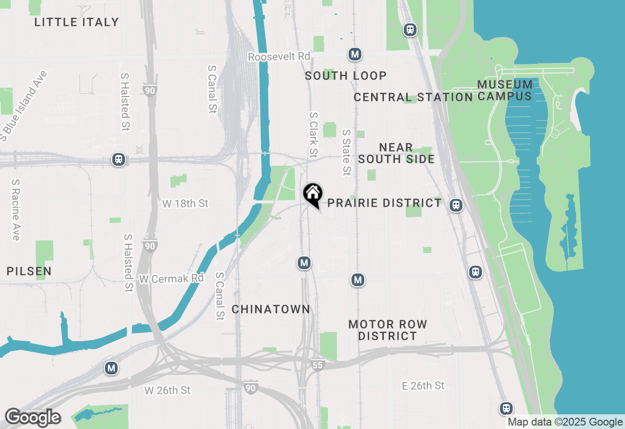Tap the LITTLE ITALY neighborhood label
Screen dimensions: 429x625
[77, 22]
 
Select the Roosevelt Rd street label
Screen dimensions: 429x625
[279, 57]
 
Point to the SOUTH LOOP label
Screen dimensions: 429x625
[346, 76]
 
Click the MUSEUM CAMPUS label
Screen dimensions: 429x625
[505, 90]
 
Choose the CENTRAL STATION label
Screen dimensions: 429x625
[413, 97]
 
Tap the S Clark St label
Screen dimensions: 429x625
[313, 135]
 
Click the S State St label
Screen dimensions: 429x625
[346, 152]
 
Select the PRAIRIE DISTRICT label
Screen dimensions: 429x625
[384, 203]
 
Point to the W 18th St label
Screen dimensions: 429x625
[186, 203]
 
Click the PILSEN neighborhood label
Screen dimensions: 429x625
[29, 271]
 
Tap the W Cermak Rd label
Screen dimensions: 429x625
[171, 279]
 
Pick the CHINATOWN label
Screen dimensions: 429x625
[271, 309]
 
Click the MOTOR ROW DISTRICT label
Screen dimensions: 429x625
[388, 330]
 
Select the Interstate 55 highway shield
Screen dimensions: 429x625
[318, 364]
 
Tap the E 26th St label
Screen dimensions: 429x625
[423, 386]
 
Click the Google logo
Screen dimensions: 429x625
[33, 417]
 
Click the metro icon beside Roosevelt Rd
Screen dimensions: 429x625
[355, 54]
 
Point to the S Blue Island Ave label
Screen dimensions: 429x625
[24, 106]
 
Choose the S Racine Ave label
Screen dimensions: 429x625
[16, 210]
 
